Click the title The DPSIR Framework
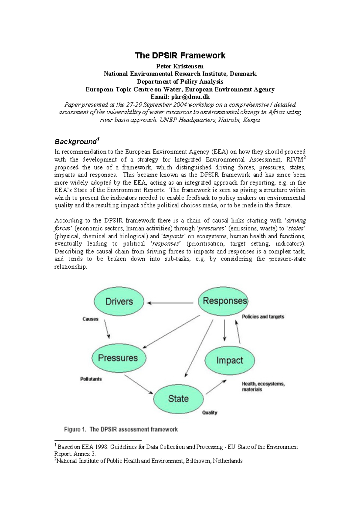click(x=180, y=55)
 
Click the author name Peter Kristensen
click(x=180, y=66)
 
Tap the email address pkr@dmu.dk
click(x=190, y=97)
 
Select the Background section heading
click(x=76, y=141)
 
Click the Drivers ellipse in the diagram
click(x=119, y=301)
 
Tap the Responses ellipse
click(x=223, y=301)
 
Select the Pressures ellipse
click(x=118, y=358)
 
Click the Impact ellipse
click(x=229, y=360)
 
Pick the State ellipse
click(x=178, y=398)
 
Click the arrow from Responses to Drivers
click(x=170, y=303)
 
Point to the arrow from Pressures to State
click(x=139, y=384)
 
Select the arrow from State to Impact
click(x=216, y=387)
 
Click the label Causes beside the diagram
click(x=90, y=319)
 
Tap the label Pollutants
click(x=91, y=379)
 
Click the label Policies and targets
click(x=263, y=317)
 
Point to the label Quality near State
click(x=209, y=412)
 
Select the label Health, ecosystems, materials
click(x=263, y=386)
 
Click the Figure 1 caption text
click(x=121, y=429)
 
